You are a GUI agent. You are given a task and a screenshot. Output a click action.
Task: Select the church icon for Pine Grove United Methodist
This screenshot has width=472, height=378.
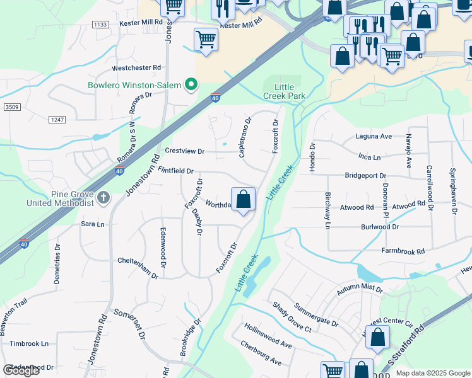pos(104,198)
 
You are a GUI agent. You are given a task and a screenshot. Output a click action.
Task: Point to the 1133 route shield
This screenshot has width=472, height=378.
pos(99,25)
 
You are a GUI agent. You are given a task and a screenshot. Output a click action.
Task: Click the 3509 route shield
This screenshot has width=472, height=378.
pos(11,108)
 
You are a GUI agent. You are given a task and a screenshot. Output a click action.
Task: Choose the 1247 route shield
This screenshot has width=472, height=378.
pos(57,119)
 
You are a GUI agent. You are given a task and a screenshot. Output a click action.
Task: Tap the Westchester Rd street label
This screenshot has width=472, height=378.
pos(136,67)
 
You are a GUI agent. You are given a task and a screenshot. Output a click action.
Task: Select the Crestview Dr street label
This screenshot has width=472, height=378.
pos(185,151)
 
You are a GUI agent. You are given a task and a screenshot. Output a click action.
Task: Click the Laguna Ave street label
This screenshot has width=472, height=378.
pos(374,136)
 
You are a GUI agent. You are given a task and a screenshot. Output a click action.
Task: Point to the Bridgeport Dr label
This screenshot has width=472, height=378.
pos(365,176)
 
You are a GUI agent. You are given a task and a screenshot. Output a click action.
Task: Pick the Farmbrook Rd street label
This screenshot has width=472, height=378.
pos(403,251)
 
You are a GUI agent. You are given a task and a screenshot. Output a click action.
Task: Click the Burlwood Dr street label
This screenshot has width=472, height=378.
pos(380,227)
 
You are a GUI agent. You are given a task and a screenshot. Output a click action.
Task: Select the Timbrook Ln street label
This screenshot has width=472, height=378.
pos(29,344)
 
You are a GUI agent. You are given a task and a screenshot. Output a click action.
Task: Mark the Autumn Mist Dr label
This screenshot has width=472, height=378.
pos(360,289)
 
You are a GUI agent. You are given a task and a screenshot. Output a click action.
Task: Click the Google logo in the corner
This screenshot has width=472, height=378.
pos(21,370)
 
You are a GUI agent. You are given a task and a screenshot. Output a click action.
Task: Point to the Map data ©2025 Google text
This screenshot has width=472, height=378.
pos(432,373)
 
